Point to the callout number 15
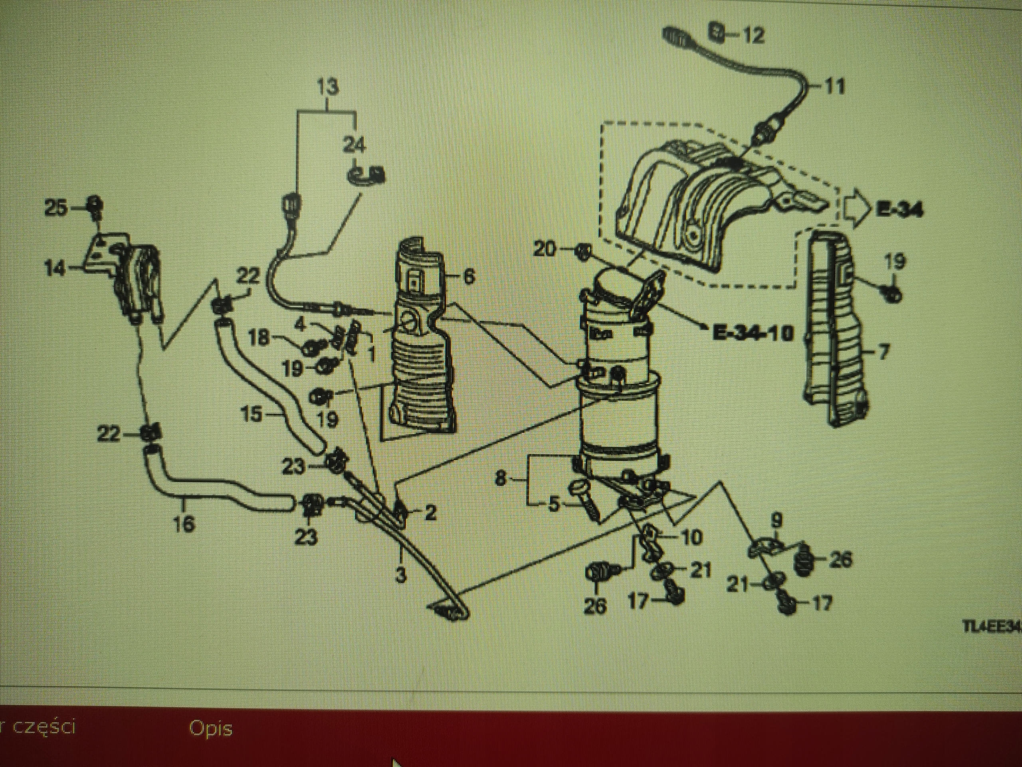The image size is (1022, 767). (x=252, y=414)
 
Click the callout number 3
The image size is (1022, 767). (x=401, y=576)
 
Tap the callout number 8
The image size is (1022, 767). (x=501, y=479)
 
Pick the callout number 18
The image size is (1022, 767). (x=259, y=338)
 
